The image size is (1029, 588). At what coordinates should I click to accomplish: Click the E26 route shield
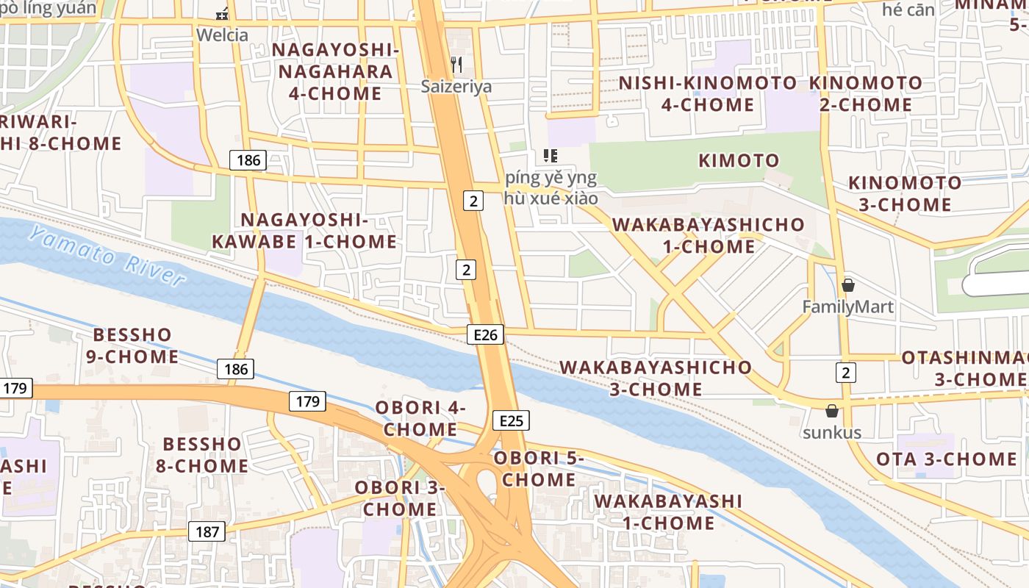click(485, 335)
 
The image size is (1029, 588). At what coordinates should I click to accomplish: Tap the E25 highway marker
click(511, 420)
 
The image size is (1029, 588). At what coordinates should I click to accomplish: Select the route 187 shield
click(207, 531)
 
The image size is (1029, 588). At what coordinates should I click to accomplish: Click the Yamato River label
click(108, 256)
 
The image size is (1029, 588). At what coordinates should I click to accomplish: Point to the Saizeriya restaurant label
click(456, 87)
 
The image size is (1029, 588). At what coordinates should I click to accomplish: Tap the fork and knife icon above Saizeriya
click(456, 65)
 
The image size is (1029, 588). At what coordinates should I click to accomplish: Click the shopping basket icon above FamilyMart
click(848, 285)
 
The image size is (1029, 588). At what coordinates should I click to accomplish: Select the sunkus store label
click(832, 432)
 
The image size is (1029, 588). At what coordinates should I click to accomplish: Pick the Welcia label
click(222, 35)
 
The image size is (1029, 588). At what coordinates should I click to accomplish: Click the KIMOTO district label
click(739, 160)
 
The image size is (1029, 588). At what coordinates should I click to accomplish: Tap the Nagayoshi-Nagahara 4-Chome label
click(335, 71)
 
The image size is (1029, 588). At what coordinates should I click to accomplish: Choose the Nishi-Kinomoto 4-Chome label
click(708, 93)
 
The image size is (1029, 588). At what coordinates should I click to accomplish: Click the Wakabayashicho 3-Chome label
click(656, 378)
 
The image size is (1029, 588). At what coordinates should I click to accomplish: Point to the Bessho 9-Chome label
click(135, 345)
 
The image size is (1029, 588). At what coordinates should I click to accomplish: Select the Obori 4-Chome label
click(420, 418)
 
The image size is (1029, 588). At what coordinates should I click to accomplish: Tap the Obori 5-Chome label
click(539, 468)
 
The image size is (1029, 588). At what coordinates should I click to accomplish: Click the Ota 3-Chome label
click(947, 459)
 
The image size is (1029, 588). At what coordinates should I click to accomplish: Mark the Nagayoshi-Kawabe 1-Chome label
click(304, 231)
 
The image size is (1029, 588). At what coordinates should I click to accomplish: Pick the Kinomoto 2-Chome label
click(866, 93)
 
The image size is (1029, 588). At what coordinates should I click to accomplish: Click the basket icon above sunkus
click(832, 411)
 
